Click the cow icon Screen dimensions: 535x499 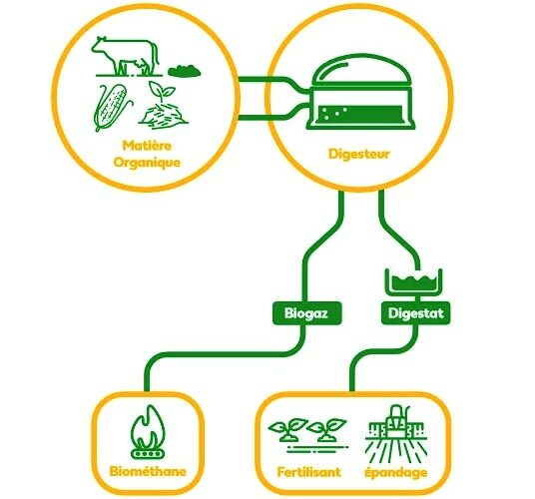[125, 56]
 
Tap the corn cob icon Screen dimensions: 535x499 [112, 107]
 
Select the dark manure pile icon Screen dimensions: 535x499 [185, 71]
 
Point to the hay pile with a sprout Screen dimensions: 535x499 [164, 103]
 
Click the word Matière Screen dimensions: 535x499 [147, 146]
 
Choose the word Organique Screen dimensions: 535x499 [147, 163]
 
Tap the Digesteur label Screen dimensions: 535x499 [359, 154]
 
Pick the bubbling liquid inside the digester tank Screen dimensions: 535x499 [360, 113]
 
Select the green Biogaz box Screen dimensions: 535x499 [306, 313]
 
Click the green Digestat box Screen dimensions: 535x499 [415, 313]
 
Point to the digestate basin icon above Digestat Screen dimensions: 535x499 [414, 282]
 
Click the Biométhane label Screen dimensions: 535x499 [148, 472]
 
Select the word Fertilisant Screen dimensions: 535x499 [308, 472]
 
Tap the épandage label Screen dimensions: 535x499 [396, 473]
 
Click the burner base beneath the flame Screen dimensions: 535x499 [149, 454]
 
